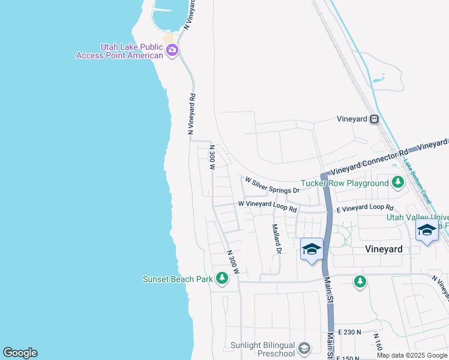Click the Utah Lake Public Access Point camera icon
[x=172, y=51]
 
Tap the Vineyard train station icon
[x=374, y=119]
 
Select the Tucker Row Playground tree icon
[x=397, y=182]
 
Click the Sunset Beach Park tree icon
[x=222, y=278]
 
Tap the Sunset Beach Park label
[x=178, y=278]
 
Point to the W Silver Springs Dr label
[x=272, y=184]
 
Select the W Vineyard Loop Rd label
[x=268, y=206]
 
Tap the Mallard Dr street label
[x=276, y=239]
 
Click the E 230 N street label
[x=350, y=332]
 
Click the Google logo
[x=20, y=353]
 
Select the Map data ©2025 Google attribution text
[x=411, y=355]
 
